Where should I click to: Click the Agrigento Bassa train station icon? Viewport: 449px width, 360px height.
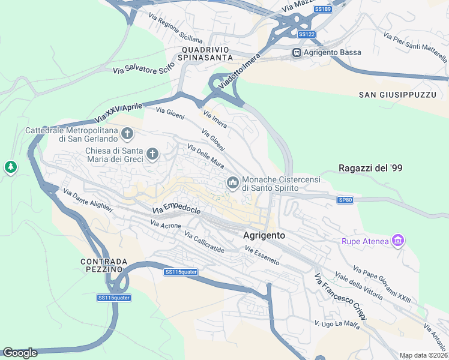[297, 53]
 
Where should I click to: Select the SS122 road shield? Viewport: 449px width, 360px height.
[306, 34]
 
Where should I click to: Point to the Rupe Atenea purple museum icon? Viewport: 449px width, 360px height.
[397, 241]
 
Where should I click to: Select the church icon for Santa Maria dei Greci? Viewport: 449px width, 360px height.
[152, 155]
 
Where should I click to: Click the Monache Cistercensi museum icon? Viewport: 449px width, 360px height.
[233, 182]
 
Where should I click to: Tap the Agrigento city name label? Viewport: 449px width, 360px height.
[264, 236]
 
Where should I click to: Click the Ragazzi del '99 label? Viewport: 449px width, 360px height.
[370, 169]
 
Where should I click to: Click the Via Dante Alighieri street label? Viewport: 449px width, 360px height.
[88, 200]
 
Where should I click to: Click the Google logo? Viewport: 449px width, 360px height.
[20, 353]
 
